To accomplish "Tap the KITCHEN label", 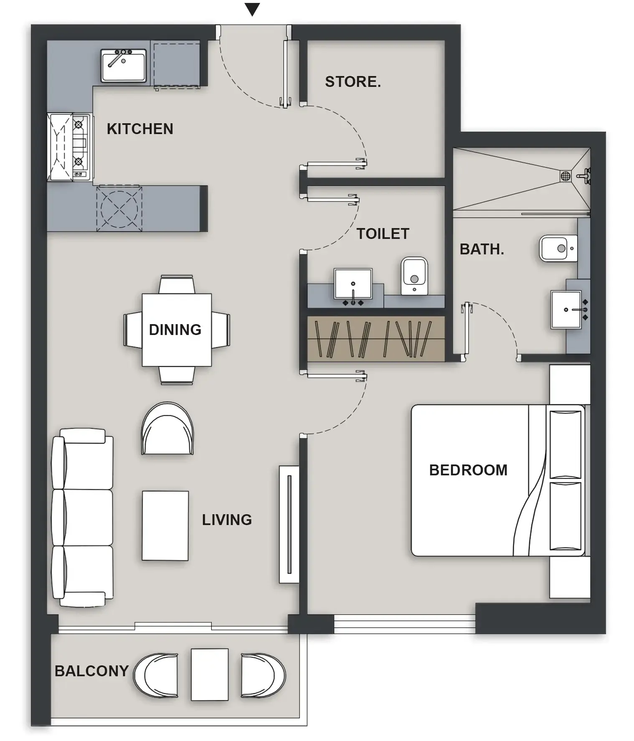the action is pos(140,129).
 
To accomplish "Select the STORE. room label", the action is pos(353,82).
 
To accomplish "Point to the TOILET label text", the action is pos(383,234).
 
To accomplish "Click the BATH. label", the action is pos(482,249).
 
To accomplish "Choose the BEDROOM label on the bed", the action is pos(468,470).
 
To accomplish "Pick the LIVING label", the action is pos(227,520).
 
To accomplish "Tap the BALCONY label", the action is pos(91,671).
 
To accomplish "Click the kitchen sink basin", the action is pos(123,66).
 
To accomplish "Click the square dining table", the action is pos(177,330).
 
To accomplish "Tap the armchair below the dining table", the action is pos(167,429).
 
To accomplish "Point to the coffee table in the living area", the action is pos(165,525).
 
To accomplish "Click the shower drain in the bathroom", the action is pos(566,176).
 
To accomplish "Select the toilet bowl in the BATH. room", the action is pos(558,248).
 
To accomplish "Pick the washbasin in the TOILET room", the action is pos(353,284).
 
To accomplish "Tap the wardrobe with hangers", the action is pos(376,339).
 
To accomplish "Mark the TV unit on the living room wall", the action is pos(289,524).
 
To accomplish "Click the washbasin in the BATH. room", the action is pos(566,310).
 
